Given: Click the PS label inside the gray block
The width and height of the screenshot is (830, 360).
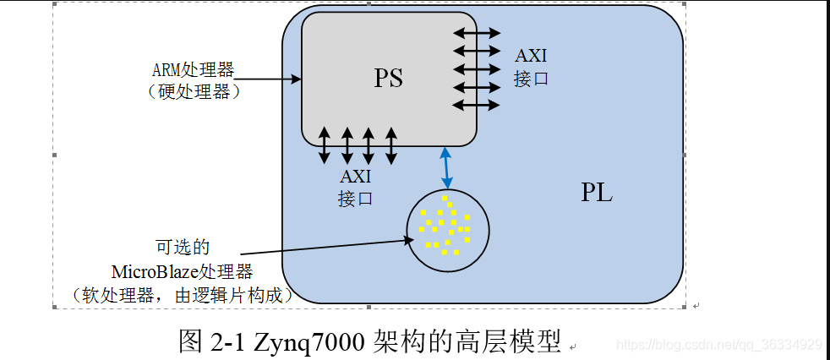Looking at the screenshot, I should tap(389, 79).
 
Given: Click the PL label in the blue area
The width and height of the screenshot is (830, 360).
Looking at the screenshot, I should tap(597, 193).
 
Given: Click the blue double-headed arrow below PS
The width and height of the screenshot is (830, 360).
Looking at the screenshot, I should tap(445, 167).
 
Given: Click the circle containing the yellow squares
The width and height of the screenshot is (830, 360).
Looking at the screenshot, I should tap(447, 230).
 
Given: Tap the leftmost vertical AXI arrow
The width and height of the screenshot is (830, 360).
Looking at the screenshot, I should tap(325, 145).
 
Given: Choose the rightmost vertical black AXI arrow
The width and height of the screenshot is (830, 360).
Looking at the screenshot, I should tap(390, 145).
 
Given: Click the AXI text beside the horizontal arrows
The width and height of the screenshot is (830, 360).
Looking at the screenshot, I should tap(531, 57).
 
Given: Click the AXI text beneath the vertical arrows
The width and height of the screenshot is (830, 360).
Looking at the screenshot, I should tap(355, 177).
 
